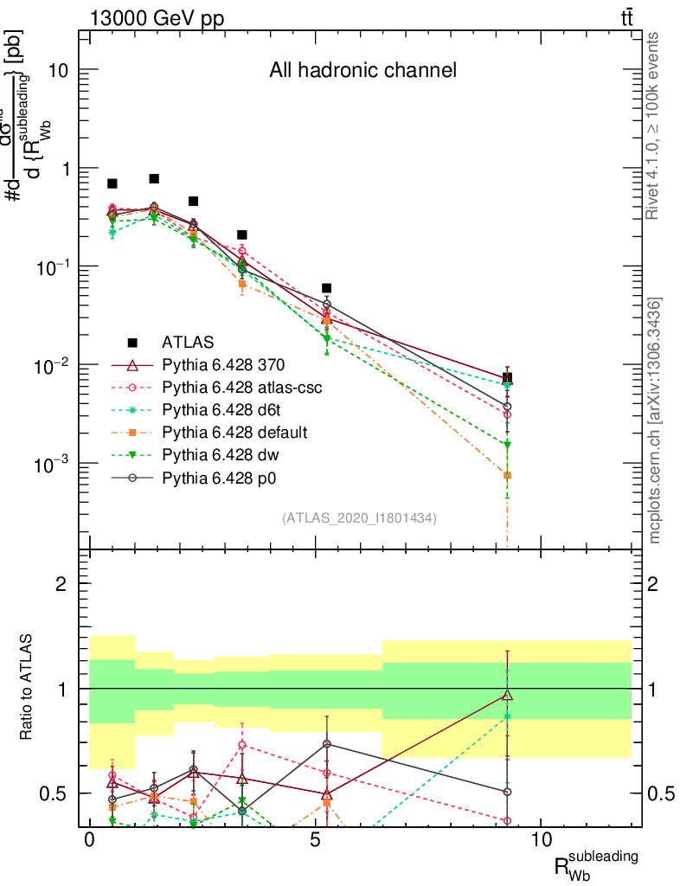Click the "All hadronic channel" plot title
click(362, 71)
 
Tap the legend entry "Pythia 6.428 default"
click(234, 432)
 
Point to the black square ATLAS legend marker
click(133, 343)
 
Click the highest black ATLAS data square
click(154, 179)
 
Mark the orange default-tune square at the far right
click(507, 475)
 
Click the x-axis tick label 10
click(541, 841)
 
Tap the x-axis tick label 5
click(316, 841)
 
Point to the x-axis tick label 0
click(89, 841)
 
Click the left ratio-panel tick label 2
click(61, 584)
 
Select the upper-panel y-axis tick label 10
click(57, 70)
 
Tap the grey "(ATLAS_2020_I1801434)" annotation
click(359, 517)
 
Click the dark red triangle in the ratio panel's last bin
click(507, 695)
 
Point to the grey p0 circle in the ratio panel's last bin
click(507, 792)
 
